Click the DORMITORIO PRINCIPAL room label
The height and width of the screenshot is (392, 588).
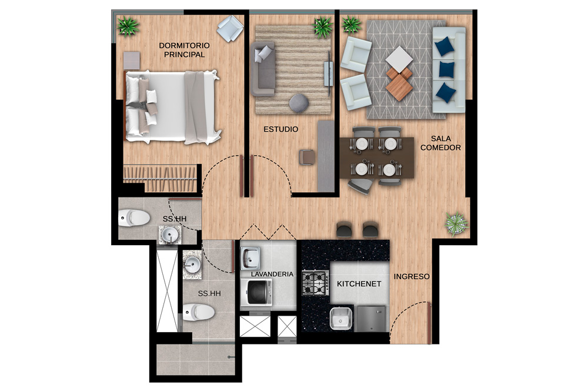pyautogui.click(x=184, y=50)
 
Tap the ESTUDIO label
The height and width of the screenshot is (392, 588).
pyautogui.click(x=281, y=129)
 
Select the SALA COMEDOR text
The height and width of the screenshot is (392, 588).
pyautogui.click(x=440, y=143)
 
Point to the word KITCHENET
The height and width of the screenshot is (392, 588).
pyautogui.click(x=359, y=284)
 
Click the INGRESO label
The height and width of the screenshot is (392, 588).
pyautogui.click(x=412, y=277)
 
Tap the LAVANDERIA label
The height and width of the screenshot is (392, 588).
pyautogui.click(x=272, y=274)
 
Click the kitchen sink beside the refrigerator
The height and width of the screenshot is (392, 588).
pyautogui.click(x=341, y=319)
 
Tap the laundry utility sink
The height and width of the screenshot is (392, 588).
pyautogui.click(x=250, y=258)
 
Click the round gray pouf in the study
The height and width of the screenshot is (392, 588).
pyautogui.click(x=299, y=103)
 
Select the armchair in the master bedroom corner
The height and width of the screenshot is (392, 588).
pyautogui.click(x=230, y=28)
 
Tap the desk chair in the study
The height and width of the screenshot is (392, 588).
pyautogui.click(x=308, y=157)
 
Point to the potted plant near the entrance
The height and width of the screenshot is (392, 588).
pyautogui.click(x=456, y=223)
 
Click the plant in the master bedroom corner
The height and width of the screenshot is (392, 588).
pyautogui.click(x=128, y=26)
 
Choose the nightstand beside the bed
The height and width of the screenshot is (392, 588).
pyautogui.click(x=132, y=61)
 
